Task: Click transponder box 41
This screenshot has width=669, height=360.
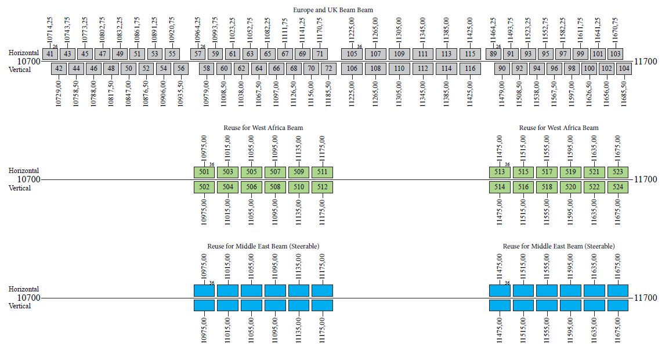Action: [x=50, y=54]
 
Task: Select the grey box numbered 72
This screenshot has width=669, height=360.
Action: [x=329, y=69]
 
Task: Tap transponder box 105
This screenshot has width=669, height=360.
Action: [x=352, y=54]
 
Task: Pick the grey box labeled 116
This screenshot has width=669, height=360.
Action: [x=470, y=69]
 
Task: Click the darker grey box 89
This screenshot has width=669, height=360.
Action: [x=493, y=54]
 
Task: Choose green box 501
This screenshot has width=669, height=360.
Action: [x=204, y=172]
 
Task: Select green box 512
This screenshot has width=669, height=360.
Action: [x=322, y=187]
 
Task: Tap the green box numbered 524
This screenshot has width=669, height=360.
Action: [x=618, y=187]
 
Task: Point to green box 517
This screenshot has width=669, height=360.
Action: [x=547, y=172]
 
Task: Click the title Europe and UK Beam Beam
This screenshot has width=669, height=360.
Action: [x=333, y=10]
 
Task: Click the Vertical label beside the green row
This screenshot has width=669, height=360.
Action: [x=20, y=188]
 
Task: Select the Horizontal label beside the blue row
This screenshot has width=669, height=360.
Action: [x=24, y=289]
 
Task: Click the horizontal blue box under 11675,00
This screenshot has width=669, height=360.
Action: [x=618, y=290]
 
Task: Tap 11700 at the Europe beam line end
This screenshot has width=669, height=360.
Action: [x=646, y=61]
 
